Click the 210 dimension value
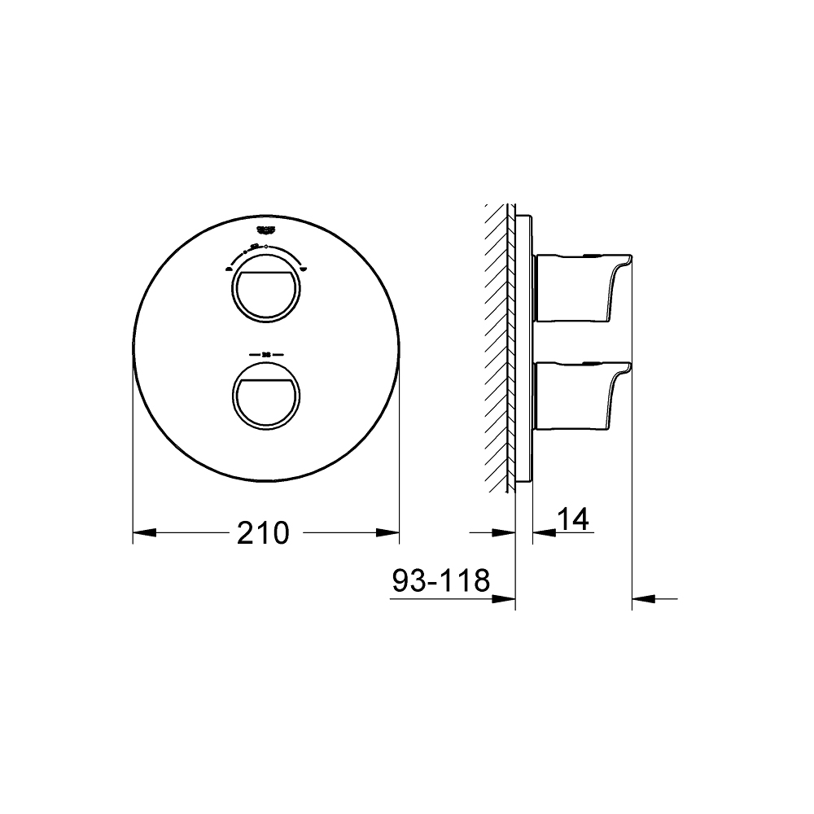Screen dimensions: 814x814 click(263, 533)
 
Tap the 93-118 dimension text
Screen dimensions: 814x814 click(440, 581)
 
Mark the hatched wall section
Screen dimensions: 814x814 click(498, 346)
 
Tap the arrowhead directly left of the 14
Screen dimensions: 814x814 click(544, 533)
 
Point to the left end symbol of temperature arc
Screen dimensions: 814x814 click(230, 266)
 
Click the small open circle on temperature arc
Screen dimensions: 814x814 click(267, 244)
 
